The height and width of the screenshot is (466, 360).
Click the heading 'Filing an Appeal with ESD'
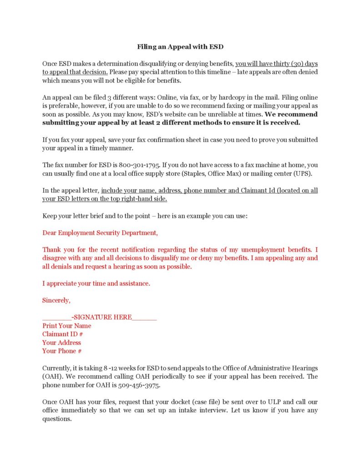(180, 47)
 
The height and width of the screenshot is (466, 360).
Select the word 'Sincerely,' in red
(56, 300)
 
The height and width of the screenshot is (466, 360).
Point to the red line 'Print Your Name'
(66, 326)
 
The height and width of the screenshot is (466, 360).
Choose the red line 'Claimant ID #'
(62, 334)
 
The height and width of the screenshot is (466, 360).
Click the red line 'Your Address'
(61, 342)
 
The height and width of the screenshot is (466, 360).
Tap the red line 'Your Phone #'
(62, 351)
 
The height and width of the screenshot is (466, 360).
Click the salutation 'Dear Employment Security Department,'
(100, 233)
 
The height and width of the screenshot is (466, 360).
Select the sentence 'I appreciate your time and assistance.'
(96, 284)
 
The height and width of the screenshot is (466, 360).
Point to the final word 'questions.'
(57, 419)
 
